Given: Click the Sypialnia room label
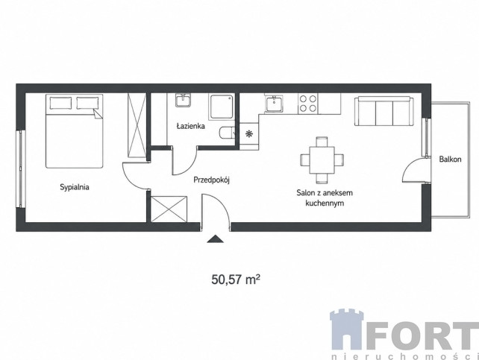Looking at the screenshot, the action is (75, 187).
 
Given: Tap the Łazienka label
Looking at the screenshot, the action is (190, 126).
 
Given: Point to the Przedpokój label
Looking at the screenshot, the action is (211, 180).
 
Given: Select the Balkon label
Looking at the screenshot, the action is (450, 159).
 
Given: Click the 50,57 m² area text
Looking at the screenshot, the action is (236, 280).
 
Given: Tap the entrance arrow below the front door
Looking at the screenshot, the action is (215, 239).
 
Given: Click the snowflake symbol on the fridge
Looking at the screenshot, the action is (249, 133).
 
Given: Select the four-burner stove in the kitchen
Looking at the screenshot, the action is (308, 104).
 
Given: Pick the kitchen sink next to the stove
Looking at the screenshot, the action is (274, 104).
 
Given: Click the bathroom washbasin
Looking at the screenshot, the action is (183, 100).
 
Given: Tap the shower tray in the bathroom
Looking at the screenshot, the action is (222, 107).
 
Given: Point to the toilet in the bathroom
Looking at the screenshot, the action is (227, 133).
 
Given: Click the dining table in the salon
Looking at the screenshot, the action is (322, 160).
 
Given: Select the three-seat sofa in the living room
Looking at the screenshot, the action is (384, 111).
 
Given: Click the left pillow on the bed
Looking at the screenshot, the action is (60, 103).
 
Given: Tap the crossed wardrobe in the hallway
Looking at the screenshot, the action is (169, 209).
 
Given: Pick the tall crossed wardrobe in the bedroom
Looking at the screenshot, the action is (137, 125).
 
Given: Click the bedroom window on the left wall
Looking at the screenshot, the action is (21, 169).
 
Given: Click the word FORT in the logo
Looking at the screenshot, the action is (422, 335).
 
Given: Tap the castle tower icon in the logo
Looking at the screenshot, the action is (347, 329).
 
